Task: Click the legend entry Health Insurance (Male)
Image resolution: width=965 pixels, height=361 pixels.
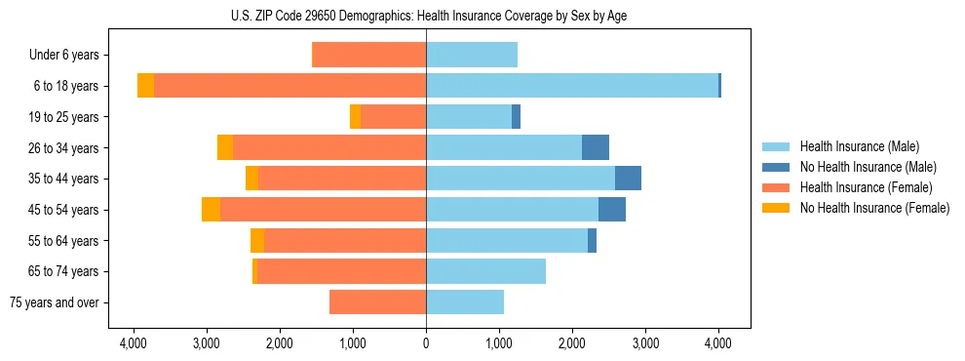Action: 859,146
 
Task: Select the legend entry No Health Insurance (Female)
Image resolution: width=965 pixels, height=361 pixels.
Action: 874,208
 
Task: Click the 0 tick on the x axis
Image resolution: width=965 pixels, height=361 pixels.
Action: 426,343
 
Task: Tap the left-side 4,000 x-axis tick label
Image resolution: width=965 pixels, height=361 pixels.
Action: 134,343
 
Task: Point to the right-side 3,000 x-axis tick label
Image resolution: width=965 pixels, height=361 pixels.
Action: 645,343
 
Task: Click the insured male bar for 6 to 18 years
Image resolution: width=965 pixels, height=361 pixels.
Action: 572,86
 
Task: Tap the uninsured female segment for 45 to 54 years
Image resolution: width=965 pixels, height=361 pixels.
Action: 211,210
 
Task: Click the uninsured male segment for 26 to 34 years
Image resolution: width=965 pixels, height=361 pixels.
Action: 596,147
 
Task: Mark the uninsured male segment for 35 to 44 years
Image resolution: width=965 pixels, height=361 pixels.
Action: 628,179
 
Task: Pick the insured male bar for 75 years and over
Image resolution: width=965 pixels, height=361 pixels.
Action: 465,302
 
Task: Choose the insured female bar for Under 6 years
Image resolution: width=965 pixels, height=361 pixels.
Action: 368,56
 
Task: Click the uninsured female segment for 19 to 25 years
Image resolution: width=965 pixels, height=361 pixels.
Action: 355,117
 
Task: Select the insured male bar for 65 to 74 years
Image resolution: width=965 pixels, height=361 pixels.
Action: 485,271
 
